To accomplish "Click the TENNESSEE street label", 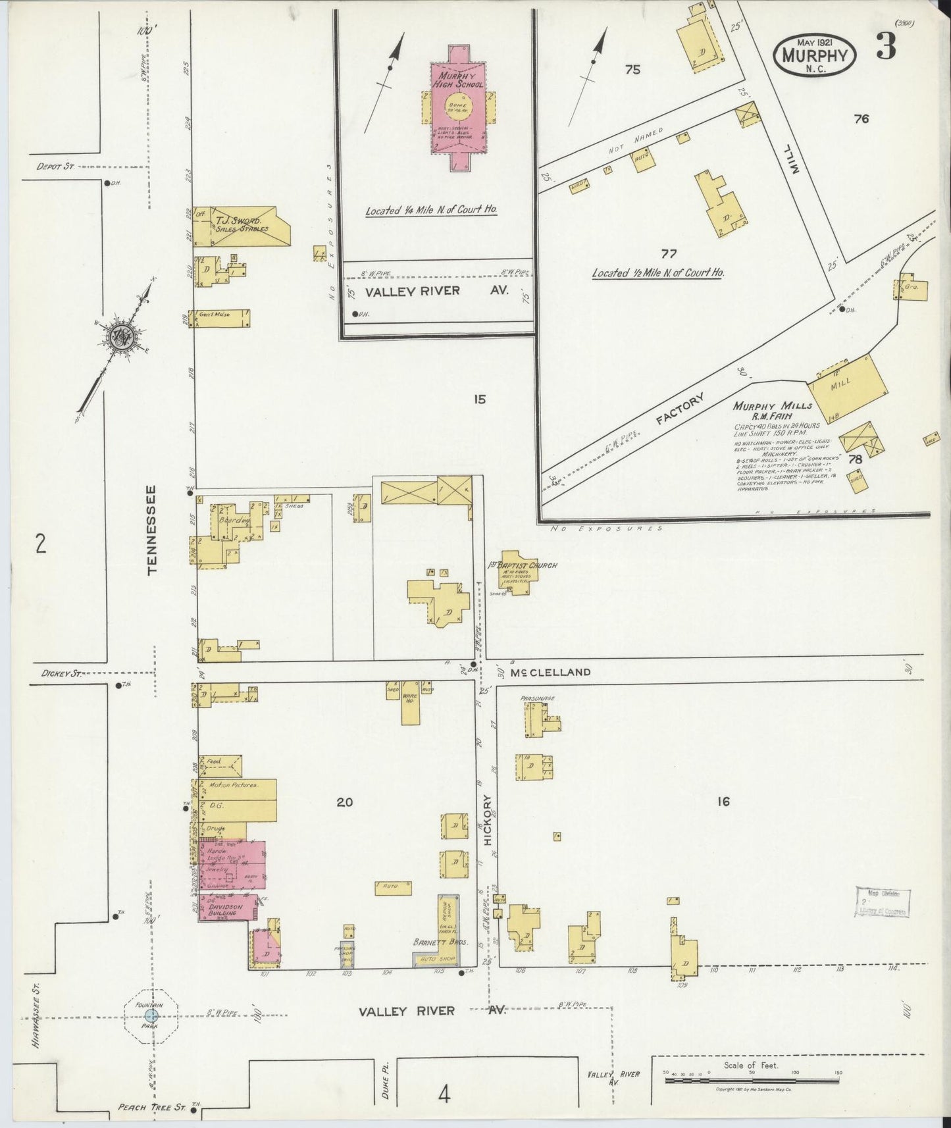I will pos(153,530).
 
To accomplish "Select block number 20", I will pos(345,802).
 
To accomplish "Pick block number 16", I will pos(723,802).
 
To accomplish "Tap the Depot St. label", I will pos(55,167).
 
